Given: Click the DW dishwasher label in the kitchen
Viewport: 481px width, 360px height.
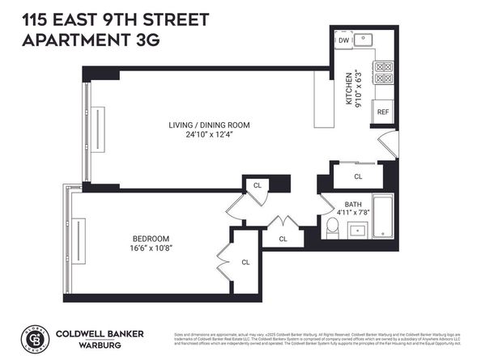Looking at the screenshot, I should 343,40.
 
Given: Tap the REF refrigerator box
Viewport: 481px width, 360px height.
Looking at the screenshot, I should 382,112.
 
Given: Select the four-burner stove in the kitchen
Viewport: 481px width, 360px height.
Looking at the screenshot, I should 382,74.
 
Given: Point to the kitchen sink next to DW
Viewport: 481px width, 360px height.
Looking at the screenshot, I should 367,39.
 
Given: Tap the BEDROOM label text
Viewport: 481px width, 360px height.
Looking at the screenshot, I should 151,238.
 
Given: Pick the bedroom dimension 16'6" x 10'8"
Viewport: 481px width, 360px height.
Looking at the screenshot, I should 151,248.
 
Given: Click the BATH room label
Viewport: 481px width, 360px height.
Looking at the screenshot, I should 353,204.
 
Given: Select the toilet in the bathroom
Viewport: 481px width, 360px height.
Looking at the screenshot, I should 330,231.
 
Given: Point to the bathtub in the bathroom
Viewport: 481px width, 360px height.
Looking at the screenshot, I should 381,216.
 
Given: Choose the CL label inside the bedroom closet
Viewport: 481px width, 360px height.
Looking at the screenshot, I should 246,261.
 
